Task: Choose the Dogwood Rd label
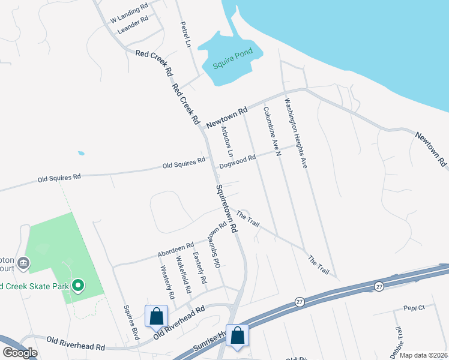238,160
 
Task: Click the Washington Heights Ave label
295,133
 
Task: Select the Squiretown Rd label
226,208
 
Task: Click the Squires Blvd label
131,323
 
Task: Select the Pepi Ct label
413,308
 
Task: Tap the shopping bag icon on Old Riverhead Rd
156,316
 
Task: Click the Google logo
20,353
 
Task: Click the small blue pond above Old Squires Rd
81,153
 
